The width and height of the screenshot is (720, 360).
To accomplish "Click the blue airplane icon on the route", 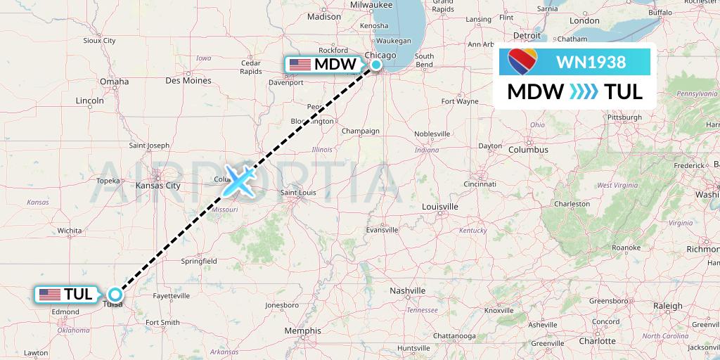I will [x=239, y=181].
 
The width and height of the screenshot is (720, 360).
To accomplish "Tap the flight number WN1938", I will [x=591, y=62].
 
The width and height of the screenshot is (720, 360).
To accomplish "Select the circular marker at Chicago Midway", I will [x=376, y=65].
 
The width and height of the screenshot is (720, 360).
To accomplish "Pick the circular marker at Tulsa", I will [x=115, y=295].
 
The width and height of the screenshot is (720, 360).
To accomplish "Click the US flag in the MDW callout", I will [x=300, y=64].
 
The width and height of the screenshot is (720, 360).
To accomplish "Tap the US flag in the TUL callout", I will [x=50, y=295].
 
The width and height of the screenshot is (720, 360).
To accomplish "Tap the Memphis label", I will [x=303, y=330].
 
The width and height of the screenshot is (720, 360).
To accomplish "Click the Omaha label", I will [x=114, y=82].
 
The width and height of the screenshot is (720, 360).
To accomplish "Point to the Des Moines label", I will [x=187, y=80].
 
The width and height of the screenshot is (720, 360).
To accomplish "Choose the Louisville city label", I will [x=440, y=207].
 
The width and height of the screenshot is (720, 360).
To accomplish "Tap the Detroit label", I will [x=527, y=35].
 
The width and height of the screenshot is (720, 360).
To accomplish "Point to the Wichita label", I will [x=70, y=230].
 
